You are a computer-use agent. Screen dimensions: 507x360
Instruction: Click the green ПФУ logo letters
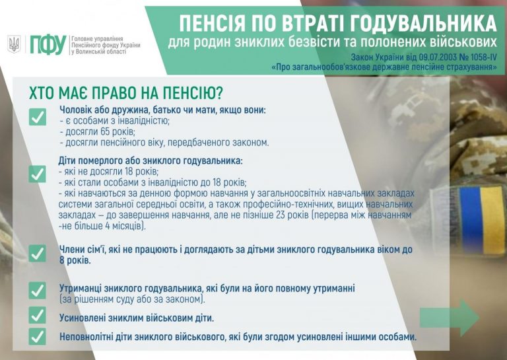pos(48,45)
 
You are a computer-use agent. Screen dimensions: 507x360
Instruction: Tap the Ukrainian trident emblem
pos(14,44)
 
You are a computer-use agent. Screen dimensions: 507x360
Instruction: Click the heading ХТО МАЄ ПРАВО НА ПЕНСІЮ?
pos(126,93)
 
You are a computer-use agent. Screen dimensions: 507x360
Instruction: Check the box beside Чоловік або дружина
pos(38,117)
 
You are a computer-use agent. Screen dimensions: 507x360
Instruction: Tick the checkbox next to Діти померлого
pos(38,174)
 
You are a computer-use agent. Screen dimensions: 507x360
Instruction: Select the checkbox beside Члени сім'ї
pos(38,253)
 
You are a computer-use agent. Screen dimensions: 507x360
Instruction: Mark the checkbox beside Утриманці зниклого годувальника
pos(38,290)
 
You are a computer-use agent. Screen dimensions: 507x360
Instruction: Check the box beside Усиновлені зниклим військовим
pos(38,315)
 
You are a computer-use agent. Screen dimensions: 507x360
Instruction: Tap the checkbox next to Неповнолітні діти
pos(38,337)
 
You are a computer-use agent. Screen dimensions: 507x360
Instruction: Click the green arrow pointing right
pos(450,317)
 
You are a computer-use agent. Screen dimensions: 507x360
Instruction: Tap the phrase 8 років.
pos(75,261)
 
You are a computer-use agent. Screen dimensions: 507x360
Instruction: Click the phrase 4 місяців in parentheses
pos(123,226)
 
